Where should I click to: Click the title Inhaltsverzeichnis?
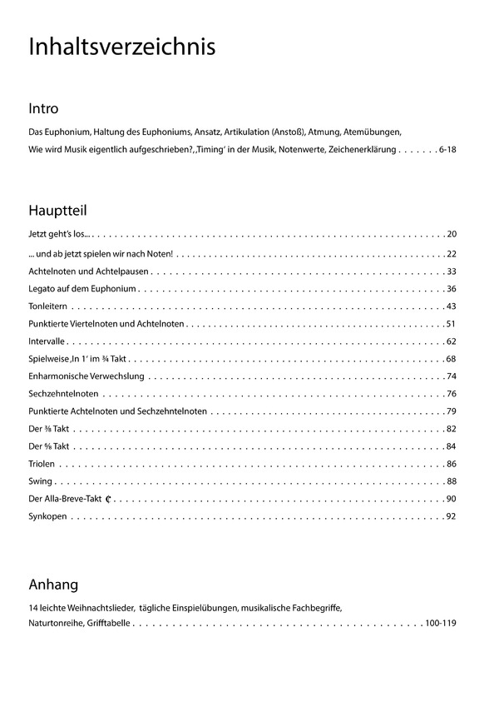click(121, 47)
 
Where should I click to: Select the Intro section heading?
click(43, 108)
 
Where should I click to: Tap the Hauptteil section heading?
click(57, 210)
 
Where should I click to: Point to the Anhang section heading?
click(53, 584)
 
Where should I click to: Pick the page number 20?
click(451, 234)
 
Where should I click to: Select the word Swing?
click(40, 480)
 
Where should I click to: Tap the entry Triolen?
click(42, 463)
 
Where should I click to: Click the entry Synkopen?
click(47, 516)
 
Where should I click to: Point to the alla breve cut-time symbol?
click(108, 499)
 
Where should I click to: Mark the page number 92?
click(451, 516)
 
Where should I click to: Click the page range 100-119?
click(440, 623)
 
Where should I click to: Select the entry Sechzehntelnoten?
click(63, 394)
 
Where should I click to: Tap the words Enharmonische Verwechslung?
click(86, 376)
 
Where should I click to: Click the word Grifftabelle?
click(107, 623)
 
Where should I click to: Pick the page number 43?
click(451, 307)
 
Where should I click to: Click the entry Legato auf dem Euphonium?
click(82, 289)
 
